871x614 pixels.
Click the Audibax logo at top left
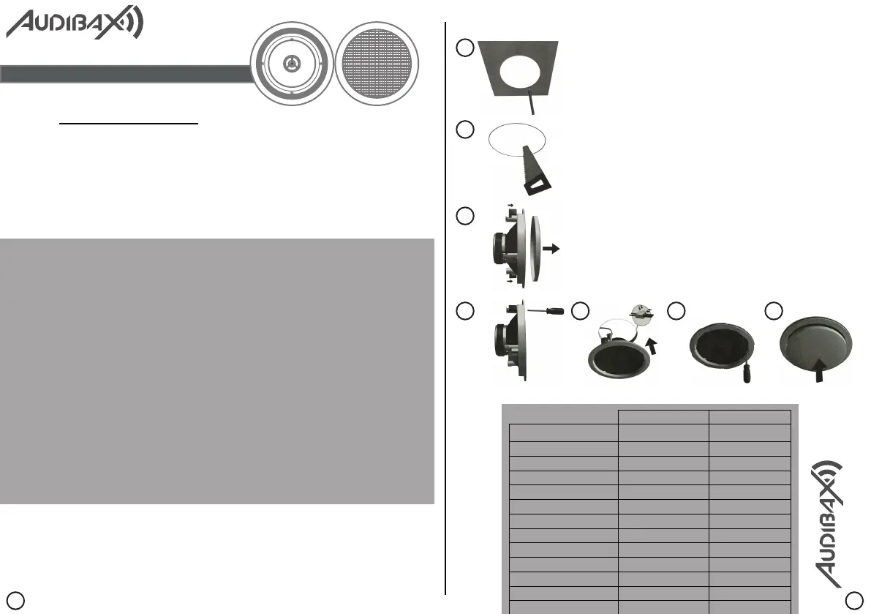coord(74,23)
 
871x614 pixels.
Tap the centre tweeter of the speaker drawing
coord(291,63)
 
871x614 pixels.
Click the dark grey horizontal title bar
coord(124,74)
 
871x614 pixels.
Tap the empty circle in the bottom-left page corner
coord(20,599)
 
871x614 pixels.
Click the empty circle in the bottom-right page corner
coord(853,599)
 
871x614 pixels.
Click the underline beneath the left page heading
coord(129,124)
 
